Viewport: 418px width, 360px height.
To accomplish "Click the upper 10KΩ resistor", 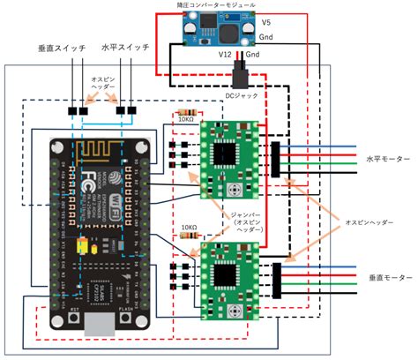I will tap(185, 114).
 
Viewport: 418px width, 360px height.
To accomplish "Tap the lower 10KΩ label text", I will tap(187, 227).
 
